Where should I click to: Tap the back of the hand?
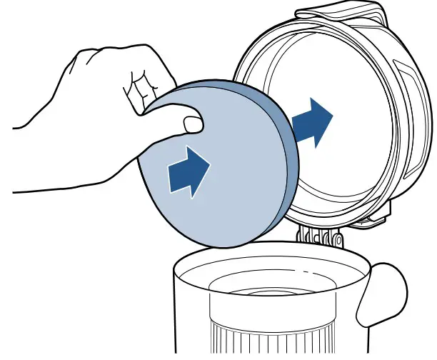[x=93, y=129]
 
